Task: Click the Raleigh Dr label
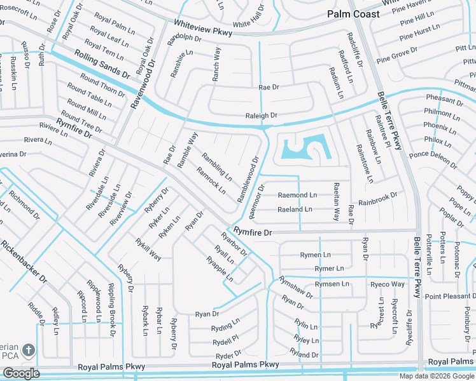[x=262, y=116]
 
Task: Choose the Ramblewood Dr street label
[x=249, y=180]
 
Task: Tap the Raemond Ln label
[x=297, y=195]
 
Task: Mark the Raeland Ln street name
[x=295, y=209]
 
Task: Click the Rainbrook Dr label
[x=378, y=199]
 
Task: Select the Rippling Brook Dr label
[x=113, y=309]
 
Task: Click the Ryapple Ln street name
[x=220, y=269]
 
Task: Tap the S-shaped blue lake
[x=304, y=148]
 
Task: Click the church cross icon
[x=28, y=350]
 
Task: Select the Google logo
[x=20, y=373]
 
